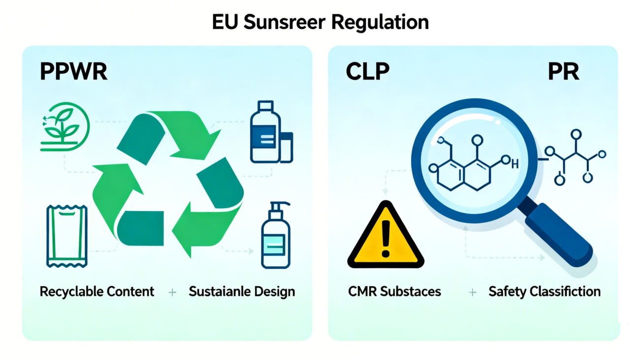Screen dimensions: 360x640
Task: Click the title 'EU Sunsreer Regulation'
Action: click(320, 22)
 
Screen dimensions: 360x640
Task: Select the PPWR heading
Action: click(73, 72)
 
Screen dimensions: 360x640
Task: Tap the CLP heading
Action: click(367, 72)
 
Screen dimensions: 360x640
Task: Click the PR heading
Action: click(563, 72)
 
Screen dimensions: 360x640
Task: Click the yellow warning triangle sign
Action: click(385, 236)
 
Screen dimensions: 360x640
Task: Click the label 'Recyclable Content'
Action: click(97, 292)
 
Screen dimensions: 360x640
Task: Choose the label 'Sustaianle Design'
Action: click(242, 292)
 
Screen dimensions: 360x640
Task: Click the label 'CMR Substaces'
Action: click(394, 292)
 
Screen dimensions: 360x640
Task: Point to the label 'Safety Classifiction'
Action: click(544, 292)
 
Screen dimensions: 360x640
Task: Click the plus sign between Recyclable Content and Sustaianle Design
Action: click(172, 292)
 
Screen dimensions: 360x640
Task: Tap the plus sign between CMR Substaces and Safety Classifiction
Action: click(472, 292)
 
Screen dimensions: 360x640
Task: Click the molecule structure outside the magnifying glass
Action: click(574, 157)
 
